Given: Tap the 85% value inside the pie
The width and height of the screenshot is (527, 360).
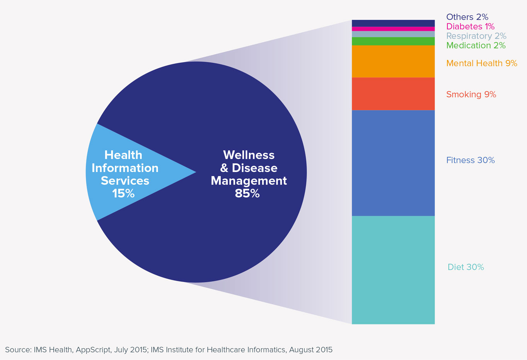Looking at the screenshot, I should [x=247, y=193].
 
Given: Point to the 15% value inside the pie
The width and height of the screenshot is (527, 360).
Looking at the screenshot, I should [x=123, y=193].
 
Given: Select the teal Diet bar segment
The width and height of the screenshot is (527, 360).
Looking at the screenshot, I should [x=393, y=270].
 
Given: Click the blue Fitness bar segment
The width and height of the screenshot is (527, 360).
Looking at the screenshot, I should [x=393, y=163].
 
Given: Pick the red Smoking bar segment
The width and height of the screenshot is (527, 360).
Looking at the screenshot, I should [x=393, y=94].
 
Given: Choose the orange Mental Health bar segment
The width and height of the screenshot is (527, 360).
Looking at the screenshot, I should [x=393, y=61].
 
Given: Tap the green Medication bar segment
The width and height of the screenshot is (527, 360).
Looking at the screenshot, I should [x=393, y=41].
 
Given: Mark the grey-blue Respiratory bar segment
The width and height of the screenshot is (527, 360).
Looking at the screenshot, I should [x=393, y=34].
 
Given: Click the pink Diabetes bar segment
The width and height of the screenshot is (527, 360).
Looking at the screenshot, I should [x=393, y=29].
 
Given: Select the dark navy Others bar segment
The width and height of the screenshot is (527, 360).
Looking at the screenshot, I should [x=393, y=23].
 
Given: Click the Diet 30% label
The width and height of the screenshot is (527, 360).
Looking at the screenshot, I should [x=466, y=267].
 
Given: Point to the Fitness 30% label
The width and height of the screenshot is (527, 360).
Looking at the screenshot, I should [x=470, y=160].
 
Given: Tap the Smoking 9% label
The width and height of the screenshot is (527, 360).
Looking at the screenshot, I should [x=471, y=94].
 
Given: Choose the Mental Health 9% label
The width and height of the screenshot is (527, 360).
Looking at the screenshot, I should [x=481, y=63].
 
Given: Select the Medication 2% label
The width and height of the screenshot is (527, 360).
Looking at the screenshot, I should [x=476, y=46].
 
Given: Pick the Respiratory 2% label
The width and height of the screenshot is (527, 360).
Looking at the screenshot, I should [x=476, y=36].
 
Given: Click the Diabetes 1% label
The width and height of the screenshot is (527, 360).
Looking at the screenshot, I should [x=470, y=27].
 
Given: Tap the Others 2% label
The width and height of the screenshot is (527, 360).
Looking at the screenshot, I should [x=467, y=17].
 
